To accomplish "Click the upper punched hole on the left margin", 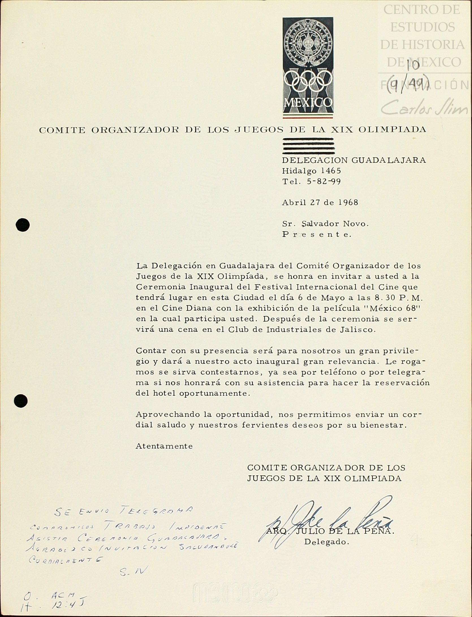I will click(23, 225).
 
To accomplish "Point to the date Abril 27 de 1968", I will click(320, 202).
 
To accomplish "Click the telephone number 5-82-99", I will click(324, 182).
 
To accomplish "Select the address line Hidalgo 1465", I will click(311, 171).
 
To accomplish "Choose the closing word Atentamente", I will click(164, 446).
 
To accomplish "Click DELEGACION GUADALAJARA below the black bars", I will click(354, 160).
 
